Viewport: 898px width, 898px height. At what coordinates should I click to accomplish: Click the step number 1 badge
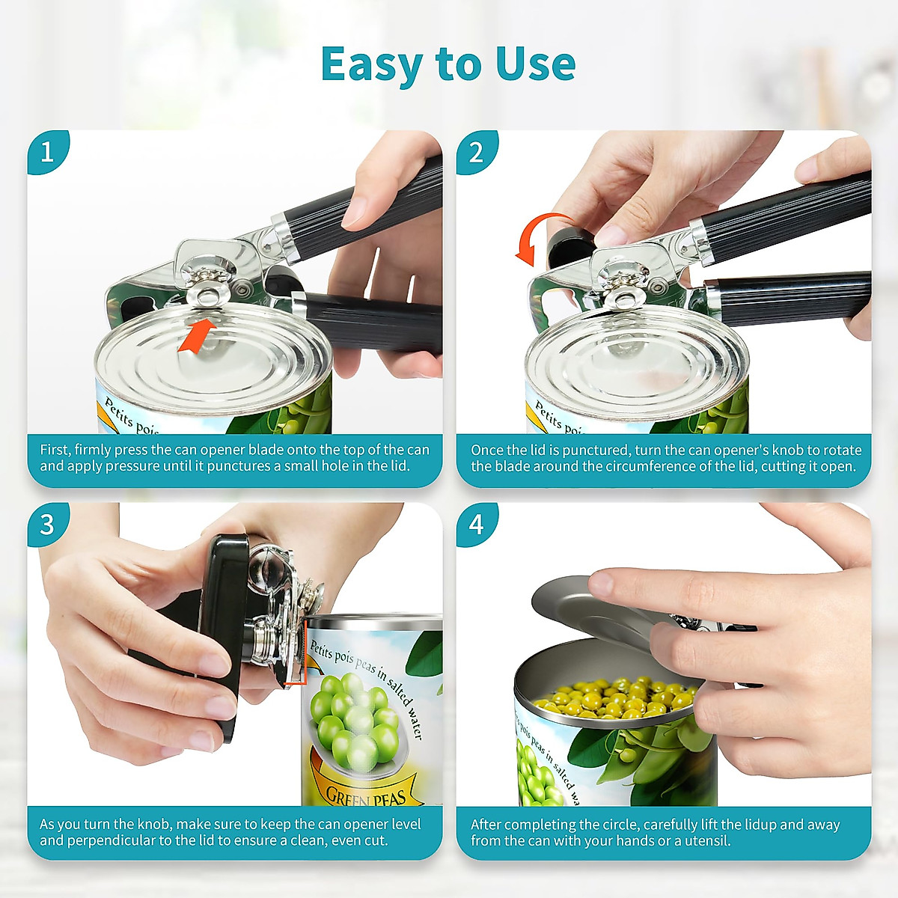tap(47, 152)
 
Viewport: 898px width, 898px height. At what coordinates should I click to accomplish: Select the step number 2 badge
tap(477, 152)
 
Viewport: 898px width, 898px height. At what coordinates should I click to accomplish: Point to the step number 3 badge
tap(47, 524)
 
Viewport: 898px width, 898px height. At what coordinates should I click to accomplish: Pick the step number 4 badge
tap(477, 524)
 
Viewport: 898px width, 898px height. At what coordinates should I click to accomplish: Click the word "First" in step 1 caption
tap(55, 450)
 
